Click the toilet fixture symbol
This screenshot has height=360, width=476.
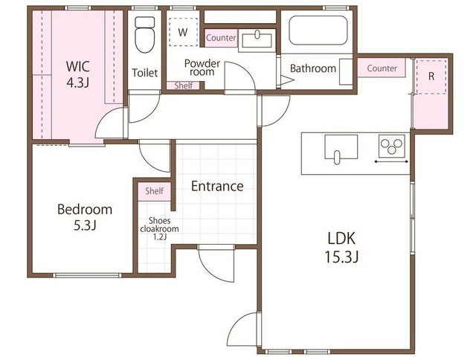point(144,35)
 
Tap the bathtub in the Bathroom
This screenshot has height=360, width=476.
point(318,30)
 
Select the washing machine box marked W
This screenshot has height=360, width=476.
point(183,32)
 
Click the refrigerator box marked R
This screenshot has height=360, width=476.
point(431,77)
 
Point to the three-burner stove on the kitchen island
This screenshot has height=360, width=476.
point(392,146)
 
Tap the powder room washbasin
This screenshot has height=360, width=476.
point(257,40)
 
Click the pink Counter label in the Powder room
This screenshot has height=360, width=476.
point(221,38)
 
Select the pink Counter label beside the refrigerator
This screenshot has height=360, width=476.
point(382,68)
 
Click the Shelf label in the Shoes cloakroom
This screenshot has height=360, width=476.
point(154,191)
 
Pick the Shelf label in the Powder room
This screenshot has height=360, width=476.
point(184,86)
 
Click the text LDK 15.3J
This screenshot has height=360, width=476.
point(341,248)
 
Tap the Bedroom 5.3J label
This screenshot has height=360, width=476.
point(85,217)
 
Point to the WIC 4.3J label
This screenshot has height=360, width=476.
point(78,74)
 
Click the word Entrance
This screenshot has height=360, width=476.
point(217,186)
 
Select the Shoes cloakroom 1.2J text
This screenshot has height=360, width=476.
point(159,229)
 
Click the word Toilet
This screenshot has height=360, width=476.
point(145,73)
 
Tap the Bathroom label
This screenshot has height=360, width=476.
point(313,68)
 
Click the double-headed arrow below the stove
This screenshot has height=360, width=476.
point(391,162)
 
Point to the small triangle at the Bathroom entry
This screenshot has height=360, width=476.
point(287,80)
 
